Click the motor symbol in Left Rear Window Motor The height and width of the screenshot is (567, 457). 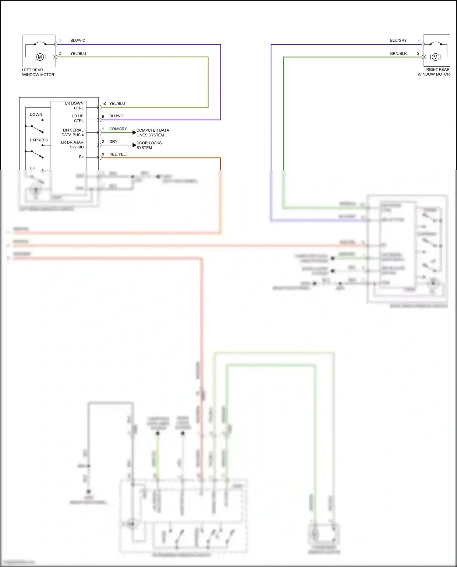40,57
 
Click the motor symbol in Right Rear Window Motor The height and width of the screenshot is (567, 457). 435,57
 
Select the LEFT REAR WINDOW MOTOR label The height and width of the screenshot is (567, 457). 38,72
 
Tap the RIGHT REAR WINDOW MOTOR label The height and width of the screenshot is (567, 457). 434,72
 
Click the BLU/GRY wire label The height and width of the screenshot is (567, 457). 398,41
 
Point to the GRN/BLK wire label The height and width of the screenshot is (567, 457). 398,54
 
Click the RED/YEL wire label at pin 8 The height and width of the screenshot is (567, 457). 117,154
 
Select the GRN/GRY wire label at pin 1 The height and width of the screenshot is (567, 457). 118,129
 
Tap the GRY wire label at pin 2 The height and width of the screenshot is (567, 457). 113,142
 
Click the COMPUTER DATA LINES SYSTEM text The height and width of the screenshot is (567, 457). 152,133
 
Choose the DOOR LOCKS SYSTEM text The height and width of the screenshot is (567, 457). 149,145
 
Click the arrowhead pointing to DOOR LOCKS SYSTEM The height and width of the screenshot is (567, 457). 134,145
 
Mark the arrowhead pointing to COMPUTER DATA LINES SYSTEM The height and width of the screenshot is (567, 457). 134,132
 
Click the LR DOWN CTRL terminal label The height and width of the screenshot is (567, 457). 74,106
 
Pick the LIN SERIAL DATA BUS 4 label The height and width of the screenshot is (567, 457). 73,133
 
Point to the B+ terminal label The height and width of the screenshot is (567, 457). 81,157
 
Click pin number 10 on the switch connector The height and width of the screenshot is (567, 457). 104,104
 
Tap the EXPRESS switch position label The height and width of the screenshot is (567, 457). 39,140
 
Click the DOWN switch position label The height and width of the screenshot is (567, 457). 36,115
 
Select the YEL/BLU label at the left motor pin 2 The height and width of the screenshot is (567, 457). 78,54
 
